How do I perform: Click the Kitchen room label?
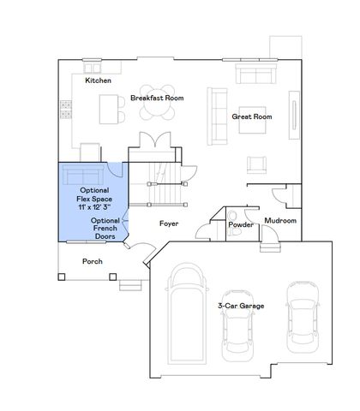tap(99, 80)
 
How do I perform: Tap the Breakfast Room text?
tap(157, 98)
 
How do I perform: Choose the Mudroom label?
tap(280, 220)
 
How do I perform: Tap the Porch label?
tap(93, 261)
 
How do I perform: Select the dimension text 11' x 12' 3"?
tap(94, 208)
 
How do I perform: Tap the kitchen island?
tap(111, 109)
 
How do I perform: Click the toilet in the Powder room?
tap(233, 213)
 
